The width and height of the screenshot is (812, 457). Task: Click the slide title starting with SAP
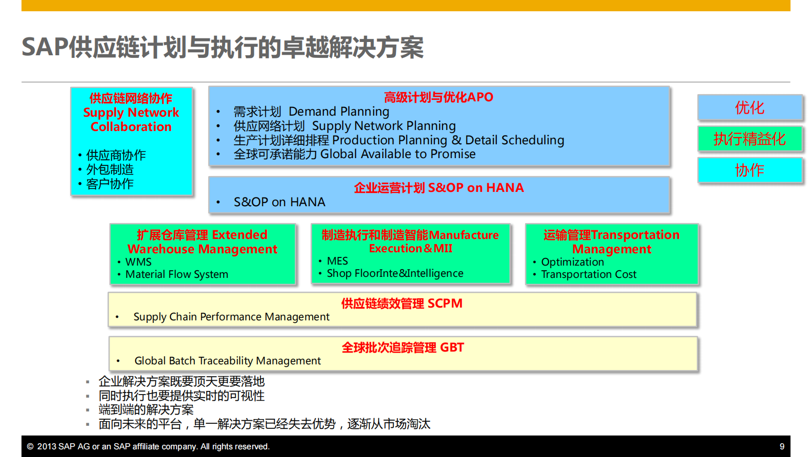(223, 47)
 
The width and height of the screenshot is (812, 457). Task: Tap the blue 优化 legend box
(750, 107)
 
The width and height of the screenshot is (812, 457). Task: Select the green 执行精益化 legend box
(750, 139)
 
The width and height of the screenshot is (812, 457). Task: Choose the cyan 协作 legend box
(750, 170)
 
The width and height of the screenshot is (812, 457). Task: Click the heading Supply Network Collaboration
(131, 119)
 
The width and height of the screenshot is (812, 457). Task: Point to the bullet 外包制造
(110, 169)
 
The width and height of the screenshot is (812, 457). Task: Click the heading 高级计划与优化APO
(438, 97)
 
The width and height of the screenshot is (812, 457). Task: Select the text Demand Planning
(339, 112)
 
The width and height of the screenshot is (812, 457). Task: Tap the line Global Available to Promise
(398, 154)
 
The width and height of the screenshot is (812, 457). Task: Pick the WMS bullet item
(138, 262)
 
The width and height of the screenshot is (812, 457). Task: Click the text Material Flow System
(177, 274)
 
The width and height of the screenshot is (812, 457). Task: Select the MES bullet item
(337, 261)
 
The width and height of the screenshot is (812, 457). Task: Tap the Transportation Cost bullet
(588, 274)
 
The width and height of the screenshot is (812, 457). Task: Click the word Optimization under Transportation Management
(573, 262)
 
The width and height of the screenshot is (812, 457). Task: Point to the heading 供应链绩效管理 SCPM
(402, 303)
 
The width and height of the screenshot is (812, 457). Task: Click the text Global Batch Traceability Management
(228, 361)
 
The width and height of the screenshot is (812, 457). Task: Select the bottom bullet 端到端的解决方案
(146, 409)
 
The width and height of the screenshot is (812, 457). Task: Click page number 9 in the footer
(782, 446)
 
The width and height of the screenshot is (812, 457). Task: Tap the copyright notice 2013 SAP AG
(148, 446)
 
